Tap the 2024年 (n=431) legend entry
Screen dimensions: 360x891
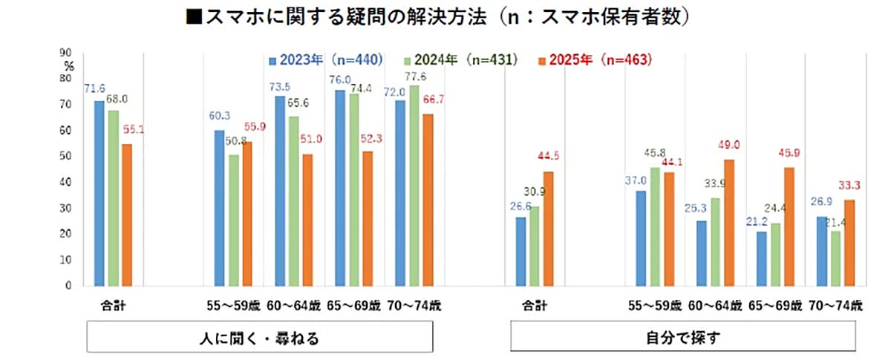point(461,60)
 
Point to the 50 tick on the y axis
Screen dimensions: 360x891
point(67,157)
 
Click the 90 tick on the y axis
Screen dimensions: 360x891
point(67,53)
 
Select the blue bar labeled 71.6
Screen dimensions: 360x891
point(99,193)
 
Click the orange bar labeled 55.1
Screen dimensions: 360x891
point(127,215)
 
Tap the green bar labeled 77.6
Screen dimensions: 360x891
point(414,186)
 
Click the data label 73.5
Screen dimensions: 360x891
point(281,87)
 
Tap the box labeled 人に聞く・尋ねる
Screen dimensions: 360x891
point(260,338)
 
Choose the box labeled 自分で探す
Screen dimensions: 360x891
point(684,338)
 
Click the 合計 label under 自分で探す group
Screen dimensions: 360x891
point(535,305)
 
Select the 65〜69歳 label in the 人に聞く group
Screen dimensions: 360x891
point(354,305)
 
